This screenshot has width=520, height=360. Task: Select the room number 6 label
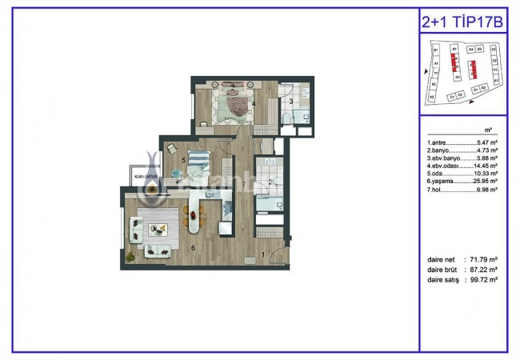193,247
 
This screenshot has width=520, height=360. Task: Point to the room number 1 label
264,257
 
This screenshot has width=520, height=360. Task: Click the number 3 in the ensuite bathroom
290,102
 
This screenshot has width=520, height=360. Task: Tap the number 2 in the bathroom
271,182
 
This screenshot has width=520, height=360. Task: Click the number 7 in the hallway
242,184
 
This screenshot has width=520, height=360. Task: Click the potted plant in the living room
132,256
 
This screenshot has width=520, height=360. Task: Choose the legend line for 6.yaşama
463,182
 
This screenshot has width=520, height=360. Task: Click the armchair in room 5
171,149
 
